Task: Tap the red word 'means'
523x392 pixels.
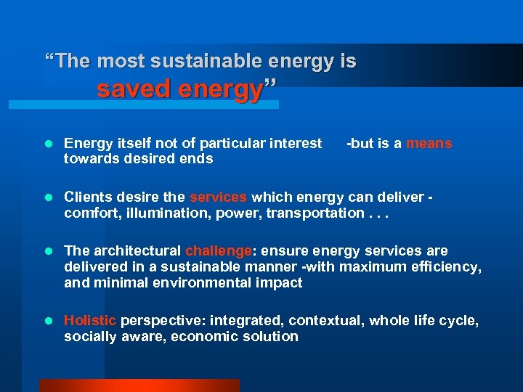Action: tap(429, 144)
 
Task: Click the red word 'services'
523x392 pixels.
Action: tap(219, 197)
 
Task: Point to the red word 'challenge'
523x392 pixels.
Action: tap(218, 251)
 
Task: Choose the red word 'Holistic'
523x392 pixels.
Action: tap(90, 321)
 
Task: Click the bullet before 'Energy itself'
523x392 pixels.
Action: tap(49, 144)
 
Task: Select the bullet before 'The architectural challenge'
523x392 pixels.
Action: tap(49, 251)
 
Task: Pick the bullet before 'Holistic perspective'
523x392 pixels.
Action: tap(49, 321)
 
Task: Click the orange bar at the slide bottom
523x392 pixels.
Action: tap(139, 385)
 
